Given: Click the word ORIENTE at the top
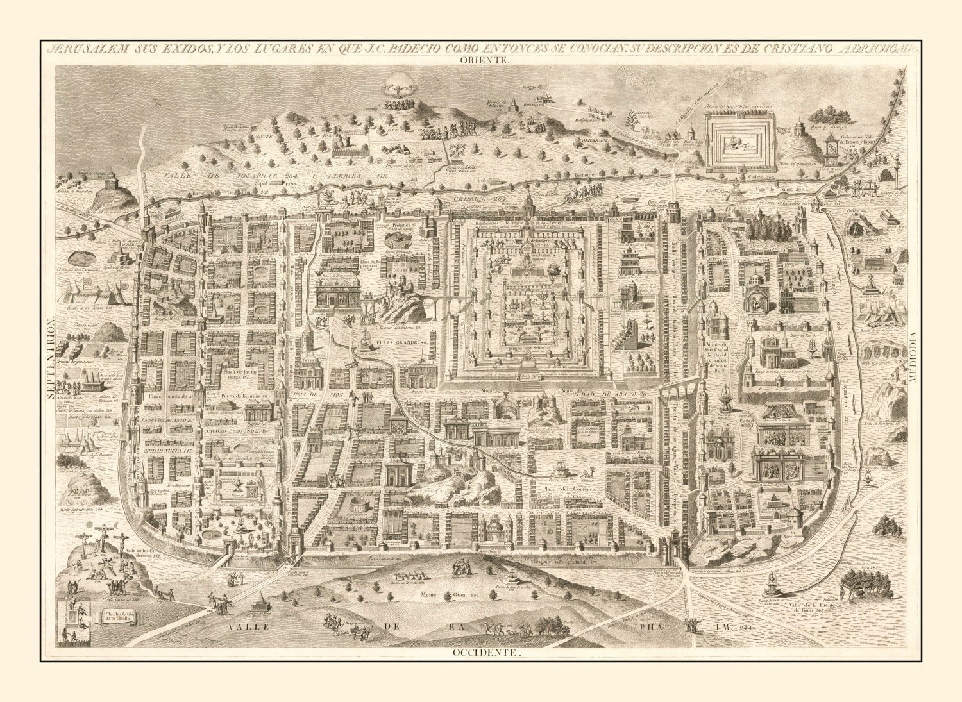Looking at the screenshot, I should pos(484,60).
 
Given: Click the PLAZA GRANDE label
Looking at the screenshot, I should pos(400,343).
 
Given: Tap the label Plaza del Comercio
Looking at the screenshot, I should pos(570,489).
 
